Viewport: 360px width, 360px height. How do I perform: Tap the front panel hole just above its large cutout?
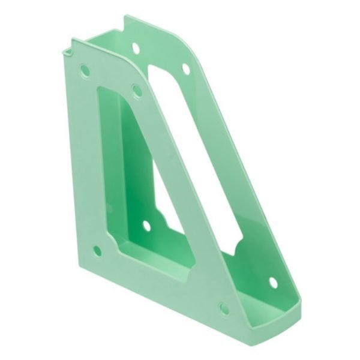[x=136, y=91]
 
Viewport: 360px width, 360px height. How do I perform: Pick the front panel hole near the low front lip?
[x=223, y=309]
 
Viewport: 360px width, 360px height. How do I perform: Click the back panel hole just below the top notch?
[x=136, y=46]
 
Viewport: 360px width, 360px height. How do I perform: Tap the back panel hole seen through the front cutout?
[x=146, y=226]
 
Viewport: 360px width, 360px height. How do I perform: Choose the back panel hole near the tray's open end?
[x=273, y=281]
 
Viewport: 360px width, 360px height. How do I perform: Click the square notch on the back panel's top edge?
[x=129, y=24]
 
